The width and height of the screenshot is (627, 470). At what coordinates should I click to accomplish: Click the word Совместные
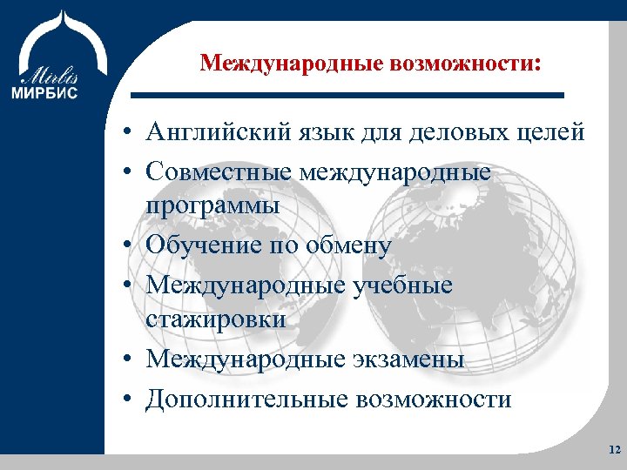218,172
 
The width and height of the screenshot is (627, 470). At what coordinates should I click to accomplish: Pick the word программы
212,206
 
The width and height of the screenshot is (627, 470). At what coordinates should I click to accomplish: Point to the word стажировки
216,319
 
